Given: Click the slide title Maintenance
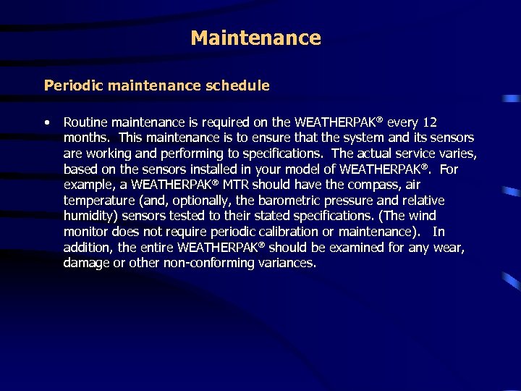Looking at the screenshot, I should coord(255,38).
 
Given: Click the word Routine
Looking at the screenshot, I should coord(86,122).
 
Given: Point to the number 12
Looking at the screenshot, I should coord(431,122).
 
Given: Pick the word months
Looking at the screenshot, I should coord(87,138).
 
